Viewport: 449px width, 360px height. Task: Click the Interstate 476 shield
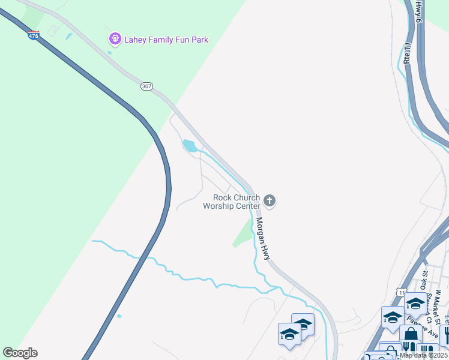[34, 35]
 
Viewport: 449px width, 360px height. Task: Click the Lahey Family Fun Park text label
[166, 40]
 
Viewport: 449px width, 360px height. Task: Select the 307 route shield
[146, 86]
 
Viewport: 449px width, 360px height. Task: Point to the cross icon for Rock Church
[270, 200]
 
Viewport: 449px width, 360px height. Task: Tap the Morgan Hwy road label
[264, 237]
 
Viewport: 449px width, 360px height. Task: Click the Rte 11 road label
[407, 53]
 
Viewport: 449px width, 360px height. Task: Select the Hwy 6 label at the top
[420, 12]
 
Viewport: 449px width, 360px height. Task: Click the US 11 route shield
[401, 291]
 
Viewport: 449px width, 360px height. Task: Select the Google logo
[20, 353]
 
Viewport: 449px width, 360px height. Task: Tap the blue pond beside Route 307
[190, 146]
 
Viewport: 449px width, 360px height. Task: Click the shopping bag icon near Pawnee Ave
[411, 334]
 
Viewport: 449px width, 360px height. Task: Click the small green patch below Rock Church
[243, 234]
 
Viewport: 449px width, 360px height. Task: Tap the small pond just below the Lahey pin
[109, 53]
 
